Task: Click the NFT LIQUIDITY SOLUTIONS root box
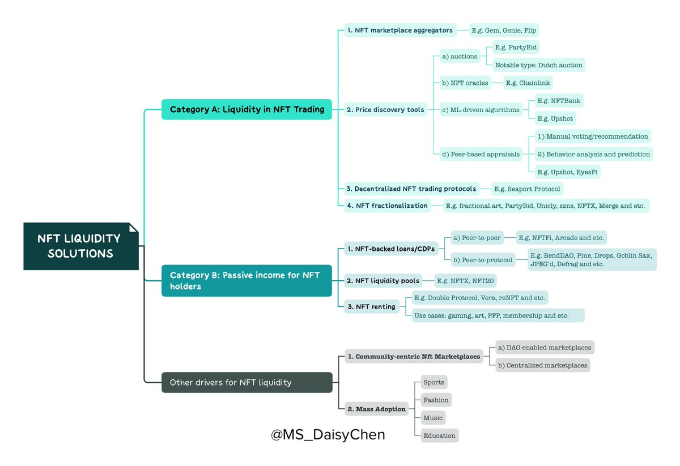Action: pos(80,246)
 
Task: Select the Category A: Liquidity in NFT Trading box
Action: pos(246,109)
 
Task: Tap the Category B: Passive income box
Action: pos(246,280)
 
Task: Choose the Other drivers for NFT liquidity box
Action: pos(246,382)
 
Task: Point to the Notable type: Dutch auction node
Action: pos(538,65)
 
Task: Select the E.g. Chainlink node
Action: pos(528,83)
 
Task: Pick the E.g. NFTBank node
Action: pos(559,101)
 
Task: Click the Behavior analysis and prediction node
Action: pos(593,154)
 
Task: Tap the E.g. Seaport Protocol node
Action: pos(527,189)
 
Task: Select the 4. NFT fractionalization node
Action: pos(387,206)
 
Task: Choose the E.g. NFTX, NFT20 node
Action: pos(466,280)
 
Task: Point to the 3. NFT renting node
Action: pos(371,306)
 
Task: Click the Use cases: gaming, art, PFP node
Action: pos(498,315)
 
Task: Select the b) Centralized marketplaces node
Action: pos(542,365)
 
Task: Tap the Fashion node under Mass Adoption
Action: pos(436,400)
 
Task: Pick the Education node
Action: pos(439,435)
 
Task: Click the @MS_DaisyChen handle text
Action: pos(328,435)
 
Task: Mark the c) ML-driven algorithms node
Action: pos(480,110)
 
